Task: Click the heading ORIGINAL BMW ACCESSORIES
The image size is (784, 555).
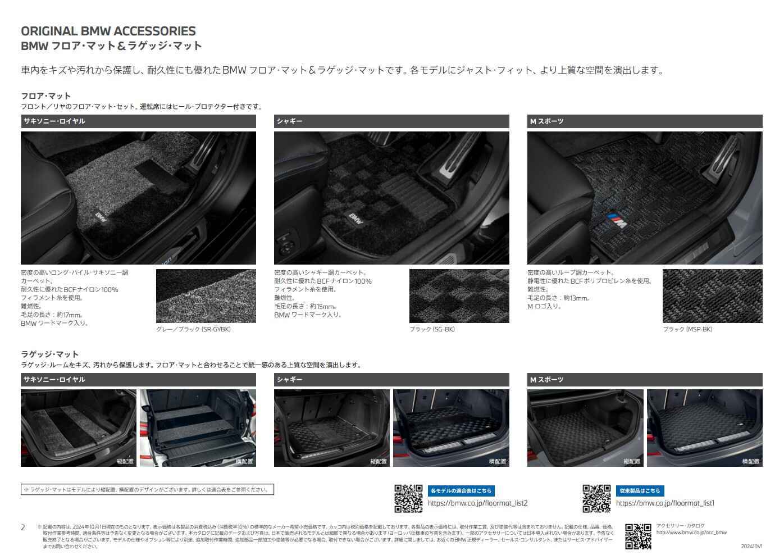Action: (108, 31)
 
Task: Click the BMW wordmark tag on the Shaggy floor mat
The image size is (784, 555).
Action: (355, 219)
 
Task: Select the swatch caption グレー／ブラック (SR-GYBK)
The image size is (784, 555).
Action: (193, 329)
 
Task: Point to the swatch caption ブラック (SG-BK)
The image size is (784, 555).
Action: (432, 329)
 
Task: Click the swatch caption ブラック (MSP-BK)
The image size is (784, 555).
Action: (687, 329)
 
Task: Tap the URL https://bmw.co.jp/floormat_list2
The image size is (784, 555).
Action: (477, 503)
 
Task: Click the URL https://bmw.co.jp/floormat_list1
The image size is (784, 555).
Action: (665, 503)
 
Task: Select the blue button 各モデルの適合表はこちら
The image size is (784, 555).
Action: (461, 490)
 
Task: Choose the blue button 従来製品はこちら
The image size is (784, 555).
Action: (640, 490)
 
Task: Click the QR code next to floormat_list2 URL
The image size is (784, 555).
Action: (408, 498)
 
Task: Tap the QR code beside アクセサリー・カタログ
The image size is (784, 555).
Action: (638, 536)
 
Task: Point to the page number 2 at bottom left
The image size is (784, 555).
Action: (23, 527)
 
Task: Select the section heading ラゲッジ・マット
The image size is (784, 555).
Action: (50, 354)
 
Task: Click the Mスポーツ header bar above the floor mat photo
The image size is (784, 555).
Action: (644, 121)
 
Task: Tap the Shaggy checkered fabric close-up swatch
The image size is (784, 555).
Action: (459, 296)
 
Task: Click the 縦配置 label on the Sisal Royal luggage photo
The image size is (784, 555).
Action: (125, 461)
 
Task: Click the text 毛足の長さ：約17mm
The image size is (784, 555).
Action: (52, 315)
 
